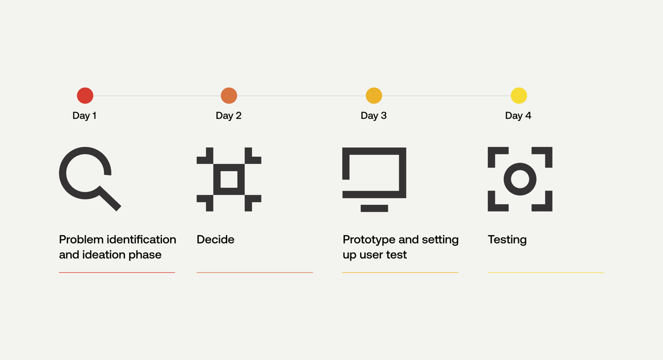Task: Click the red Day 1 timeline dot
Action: pos(85,96)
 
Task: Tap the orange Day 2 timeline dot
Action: pos(229,96)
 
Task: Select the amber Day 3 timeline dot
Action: pos(374,96)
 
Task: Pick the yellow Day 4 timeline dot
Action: pos(519,96)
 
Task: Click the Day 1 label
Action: pos(85,115)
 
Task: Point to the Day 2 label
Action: pos(229,115)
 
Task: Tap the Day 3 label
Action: pos(373,115)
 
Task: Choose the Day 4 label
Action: pos(518,115)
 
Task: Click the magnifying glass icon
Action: pos(86,174)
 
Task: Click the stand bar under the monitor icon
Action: pos(374,208)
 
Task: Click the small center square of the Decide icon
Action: pos(229,179)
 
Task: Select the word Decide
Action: pos(215,240)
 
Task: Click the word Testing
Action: pos(507,240)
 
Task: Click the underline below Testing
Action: pos(545,272)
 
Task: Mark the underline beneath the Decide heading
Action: pos(255,272)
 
